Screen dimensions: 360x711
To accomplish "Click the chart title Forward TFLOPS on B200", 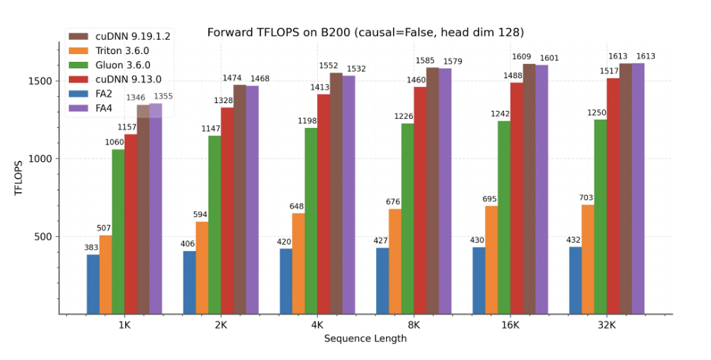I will (365, 32).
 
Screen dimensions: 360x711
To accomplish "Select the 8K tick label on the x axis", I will (413, 325).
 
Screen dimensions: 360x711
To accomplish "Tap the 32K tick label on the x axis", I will (606, 325).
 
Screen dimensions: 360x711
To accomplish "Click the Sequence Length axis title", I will (365, 339).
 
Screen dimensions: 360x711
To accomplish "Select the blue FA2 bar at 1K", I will (93, 284).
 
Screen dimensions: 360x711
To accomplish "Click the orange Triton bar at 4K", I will (299, 263).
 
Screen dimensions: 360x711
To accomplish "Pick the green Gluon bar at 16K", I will (503, 217).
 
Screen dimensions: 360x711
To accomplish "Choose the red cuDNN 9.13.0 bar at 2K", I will (227, 211).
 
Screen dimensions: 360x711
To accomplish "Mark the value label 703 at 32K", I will (587, 198).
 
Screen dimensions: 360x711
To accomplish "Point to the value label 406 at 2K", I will (189, 244).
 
